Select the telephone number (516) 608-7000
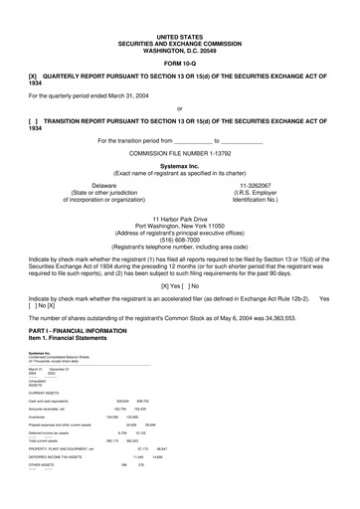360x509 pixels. (180, 240)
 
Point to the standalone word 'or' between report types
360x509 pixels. (179, 107)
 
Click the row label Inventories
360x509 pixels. (39, 417)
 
